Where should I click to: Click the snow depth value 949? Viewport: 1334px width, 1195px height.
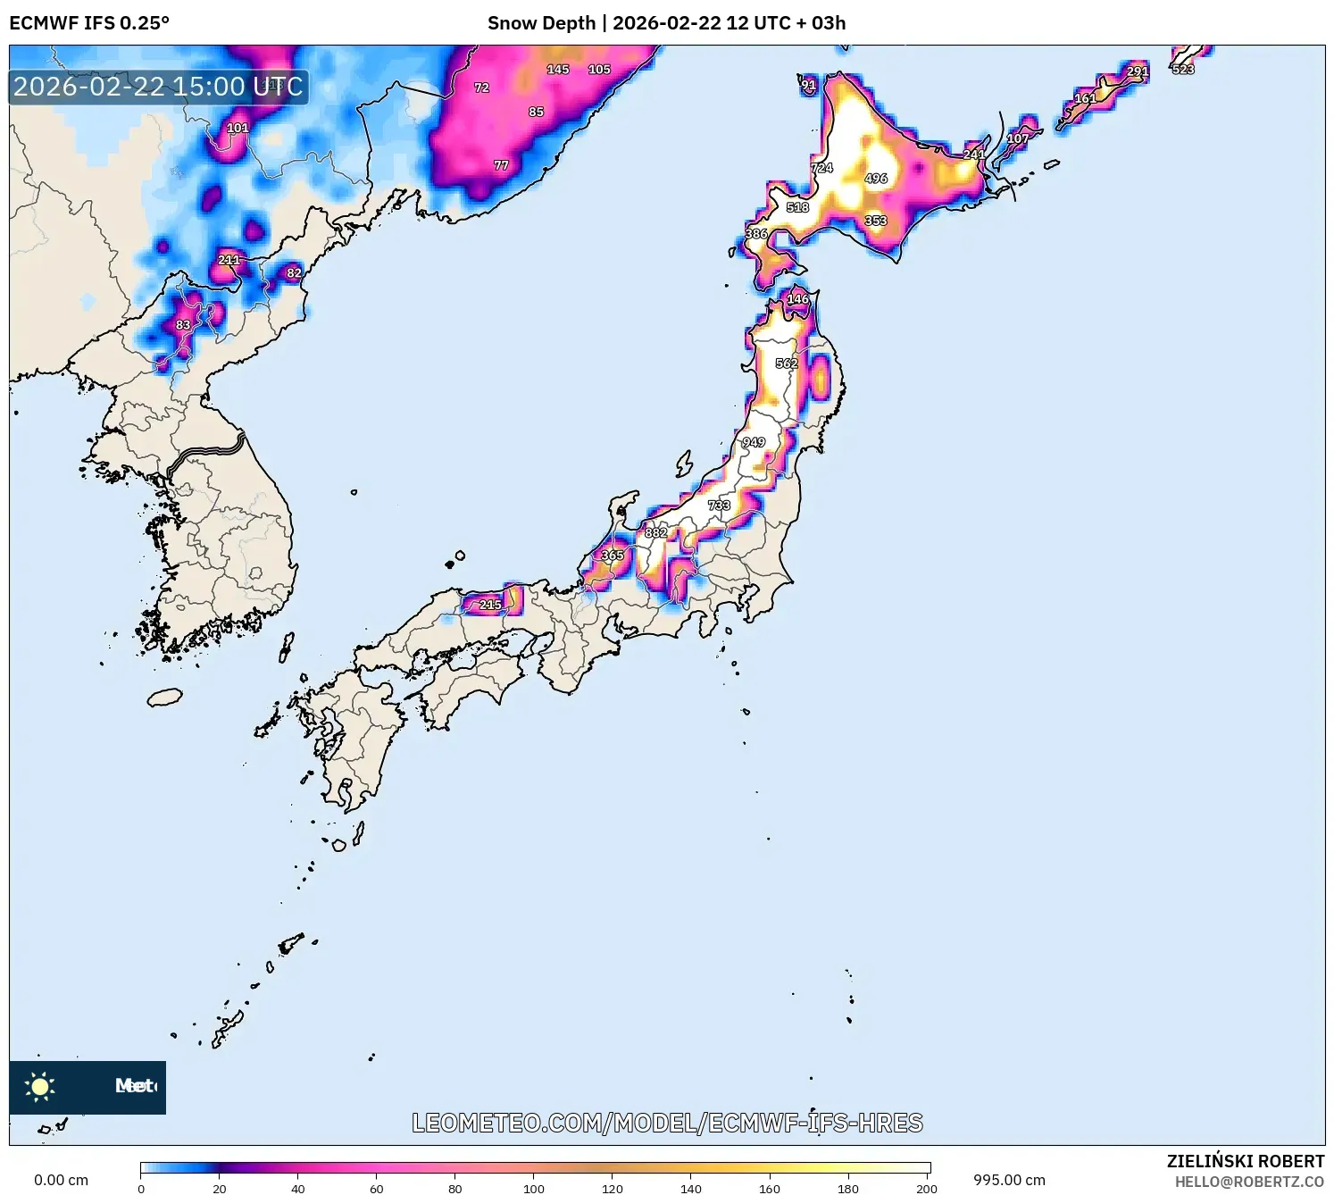[754, 442]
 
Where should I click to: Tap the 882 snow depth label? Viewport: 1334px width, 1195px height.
[656, 532]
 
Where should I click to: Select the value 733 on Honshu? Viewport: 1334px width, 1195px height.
[719, 506]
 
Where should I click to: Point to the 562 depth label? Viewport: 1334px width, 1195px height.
[787, 364]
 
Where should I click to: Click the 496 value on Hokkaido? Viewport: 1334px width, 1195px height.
[876, 179]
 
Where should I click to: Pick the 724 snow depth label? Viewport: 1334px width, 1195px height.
[821, 168]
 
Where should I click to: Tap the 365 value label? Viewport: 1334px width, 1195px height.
[613, 556]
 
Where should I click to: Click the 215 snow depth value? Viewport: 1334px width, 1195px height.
[490, 605]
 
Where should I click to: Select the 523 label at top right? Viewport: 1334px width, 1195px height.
[1183, 70]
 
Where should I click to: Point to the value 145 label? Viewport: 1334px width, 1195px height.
[558, 70]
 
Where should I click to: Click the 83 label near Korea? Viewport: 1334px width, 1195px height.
[183, 325]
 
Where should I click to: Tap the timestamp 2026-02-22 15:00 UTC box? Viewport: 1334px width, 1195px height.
[159, 87]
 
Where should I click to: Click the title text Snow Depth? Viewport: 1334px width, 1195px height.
[541, 23]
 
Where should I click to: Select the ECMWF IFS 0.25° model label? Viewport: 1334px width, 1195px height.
[89, 23]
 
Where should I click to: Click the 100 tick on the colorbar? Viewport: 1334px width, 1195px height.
[534, 1188]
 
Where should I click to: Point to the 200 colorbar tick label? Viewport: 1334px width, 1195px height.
[927, 1188]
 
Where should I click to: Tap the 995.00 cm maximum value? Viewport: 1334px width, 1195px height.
[1009, 1180]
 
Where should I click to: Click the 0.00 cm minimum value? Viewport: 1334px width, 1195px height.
[61, 1180]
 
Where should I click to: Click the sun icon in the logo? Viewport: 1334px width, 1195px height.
[40, 1086]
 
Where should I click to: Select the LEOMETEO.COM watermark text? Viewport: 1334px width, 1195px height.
[667, 1123]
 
